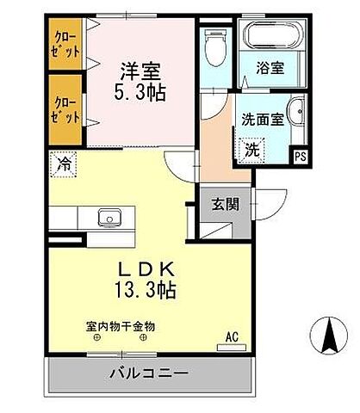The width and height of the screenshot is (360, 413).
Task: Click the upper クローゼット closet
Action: point(67,42)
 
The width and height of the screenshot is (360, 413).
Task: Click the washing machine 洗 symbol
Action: point(251,148)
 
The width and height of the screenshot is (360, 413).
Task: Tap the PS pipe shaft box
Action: point(301,156)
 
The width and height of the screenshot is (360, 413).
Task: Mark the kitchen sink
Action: point(109,217)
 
